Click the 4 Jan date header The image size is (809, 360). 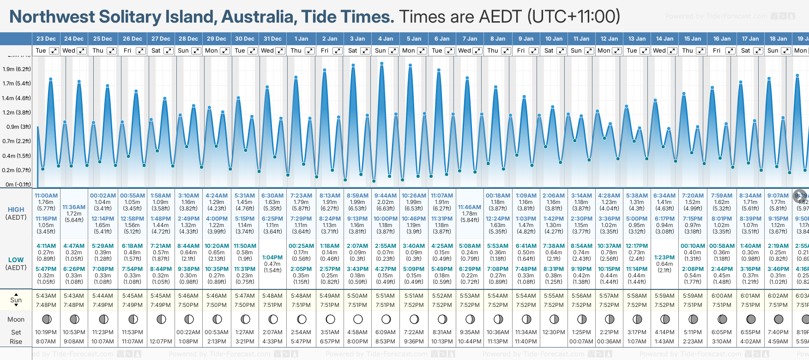click(386, 39)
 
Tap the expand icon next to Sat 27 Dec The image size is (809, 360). click(169, 51)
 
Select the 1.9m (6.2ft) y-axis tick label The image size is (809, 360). click(17, 69)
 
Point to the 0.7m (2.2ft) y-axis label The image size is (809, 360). click(17, 141)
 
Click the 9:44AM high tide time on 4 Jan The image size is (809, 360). click(386, 196)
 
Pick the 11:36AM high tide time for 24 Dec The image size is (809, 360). click(74, 207)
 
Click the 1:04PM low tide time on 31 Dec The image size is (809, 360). click(272, 258)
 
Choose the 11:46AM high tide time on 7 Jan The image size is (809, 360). click(470, 207)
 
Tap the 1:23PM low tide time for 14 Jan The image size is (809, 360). click(664, 258)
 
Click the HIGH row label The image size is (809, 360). click(16, 210)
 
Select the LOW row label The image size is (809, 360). click(16, 260)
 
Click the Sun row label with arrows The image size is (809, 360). click(16, 300)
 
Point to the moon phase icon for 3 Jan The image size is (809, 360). click(358, 319)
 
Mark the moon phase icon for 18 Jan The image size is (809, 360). click(779, 319)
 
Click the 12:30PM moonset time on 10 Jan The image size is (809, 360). click(554, 332)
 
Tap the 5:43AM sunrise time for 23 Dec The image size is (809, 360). click(46, 296)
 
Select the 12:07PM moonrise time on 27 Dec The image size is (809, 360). click(161, 342)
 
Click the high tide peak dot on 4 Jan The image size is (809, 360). click(382, 63)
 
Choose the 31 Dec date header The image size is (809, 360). click(272, 39)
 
